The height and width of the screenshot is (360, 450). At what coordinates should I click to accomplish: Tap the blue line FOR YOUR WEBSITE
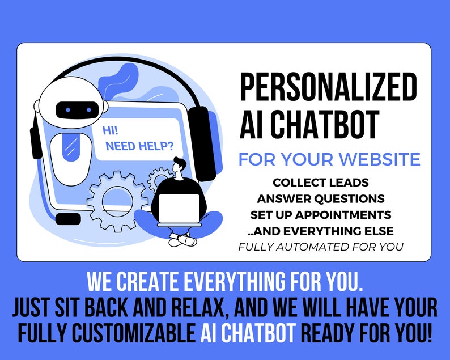tap(329, 159)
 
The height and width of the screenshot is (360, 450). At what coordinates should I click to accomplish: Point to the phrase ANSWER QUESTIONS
tap(321, 199)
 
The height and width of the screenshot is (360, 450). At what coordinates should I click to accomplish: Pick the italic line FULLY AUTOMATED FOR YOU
tap(321, 247)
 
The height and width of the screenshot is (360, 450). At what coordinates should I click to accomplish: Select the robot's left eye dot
tap(67, 109)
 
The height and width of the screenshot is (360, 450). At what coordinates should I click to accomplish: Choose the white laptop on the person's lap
tap(178, 207)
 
